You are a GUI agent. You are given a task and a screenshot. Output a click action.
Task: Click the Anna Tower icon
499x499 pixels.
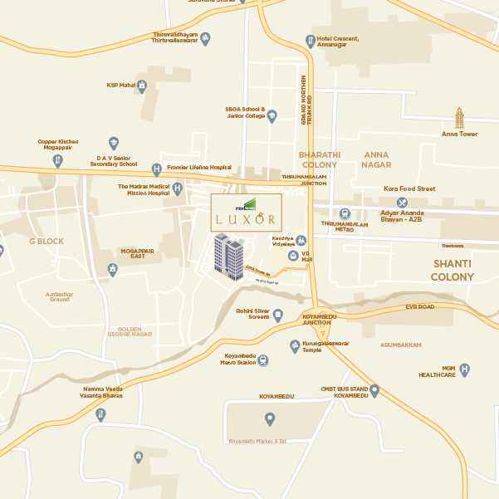459,117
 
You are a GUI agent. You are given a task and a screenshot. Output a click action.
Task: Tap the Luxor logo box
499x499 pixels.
246,213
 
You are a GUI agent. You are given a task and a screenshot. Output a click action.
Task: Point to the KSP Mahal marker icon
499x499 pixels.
142,85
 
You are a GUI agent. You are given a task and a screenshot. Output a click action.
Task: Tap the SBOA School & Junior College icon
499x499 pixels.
272,115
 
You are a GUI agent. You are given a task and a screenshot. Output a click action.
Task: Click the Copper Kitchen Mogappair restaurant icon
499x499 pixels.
57,160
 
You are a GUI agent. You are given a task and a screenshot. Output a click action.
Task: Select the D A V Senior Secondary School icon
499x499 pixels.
114,143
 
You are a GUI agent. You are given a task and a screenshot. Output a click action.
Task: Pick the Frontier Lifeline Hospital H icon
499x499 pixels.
156,169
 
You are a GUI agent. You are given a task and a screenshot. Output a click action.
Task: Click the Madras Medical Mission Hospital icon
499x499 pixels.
177,189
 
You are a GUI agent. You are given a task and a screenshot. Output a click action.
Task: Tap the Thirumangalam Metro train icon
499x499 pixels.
345,213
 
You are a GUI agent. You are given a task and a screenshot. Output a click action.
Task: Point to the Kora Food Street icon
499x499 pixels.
402,202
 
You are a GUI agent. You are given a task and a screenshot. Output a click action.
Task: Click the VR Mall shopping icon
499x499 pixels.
292,257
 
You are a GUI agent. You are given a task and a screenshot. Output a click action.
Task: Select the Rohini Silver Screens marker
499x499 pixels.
278,315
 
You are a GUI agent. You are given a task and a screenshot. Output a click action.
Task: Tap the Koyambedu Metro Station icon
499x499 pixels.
262,360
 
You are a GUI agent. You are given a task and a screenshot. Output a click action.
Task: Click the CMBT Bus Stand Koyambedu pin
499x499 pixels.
374,389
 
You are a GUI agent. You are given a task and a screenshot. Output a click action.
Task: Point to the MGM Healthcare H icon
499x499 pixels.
465,369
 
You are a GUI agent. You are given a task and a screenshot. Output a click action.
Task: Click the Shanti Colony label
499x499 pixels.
452,270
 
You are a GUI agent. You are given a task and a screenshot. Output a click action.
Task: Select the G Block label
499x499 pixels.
46,241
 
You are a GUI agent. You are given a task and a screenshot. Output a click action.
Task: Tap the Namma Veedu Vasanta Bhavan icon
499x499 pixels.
100,414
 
